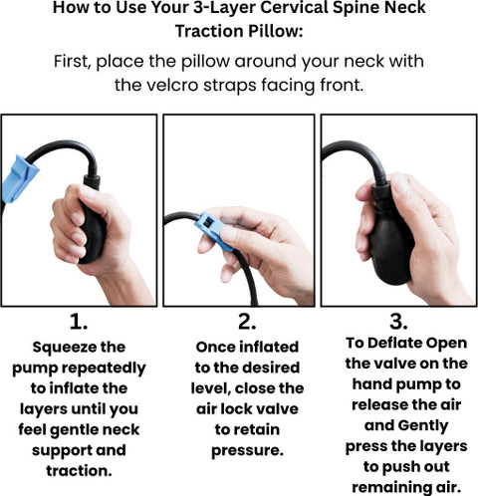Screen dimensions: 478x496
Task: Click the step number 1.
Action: (x=79, y=322)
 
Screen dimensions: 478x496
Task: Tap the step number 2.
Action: (x=247, y=322)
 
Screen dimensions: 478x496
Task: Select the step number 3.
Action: (x=398, y=322)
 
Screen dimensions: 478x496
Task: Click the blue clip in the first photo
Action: (x=19, y=178)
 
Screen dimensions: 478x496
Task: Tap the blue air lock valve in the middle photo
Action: (x=212, y=231)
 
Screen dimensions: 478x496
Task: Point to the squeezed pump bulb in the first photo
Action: (x=93, y=231)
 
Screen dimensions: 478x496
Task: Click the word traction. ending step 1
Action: (x=79, y=471)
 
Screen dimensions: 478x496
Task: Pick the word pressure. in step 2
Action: (x=247, y=451)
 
